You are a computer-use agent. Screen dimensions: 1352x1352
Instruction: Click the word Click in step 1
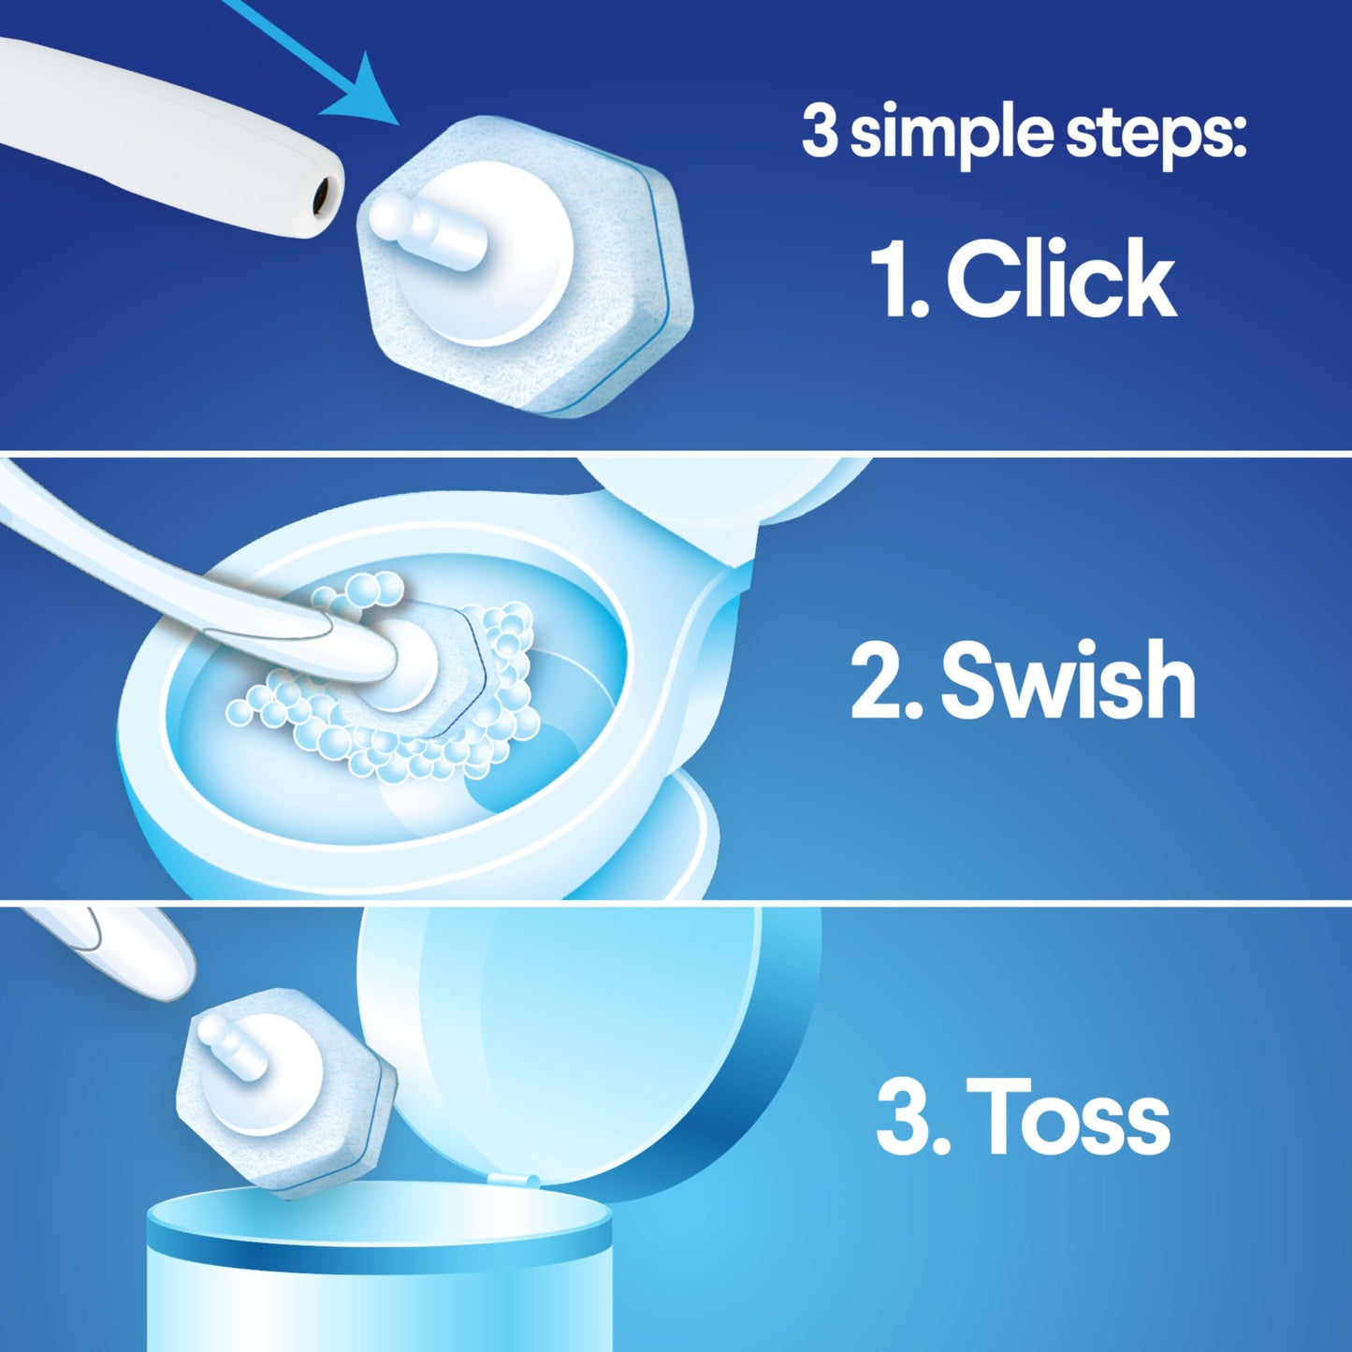(1061, 278)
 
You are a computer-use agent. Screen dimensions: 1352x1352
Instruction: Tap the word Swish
(1068, 680)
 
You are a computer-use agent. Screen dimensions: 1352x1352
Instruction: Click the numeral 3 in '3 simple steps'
(820, 132)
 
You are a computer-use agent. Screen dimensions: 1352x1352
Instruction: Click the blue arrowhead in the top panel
(370, 94)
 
